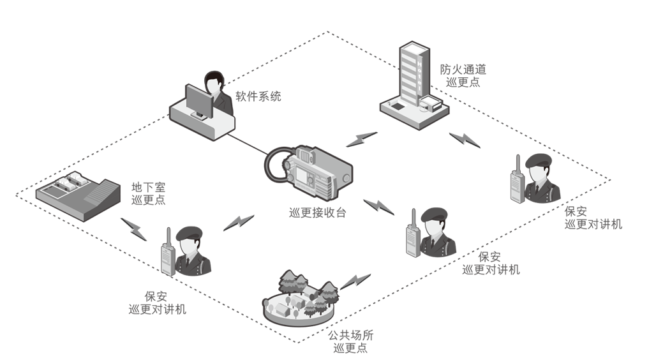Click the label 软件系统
258,97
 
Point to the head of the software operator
214,83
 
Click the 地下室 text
148,186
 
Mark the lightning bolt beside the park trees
355,281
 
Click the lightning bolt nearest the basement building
134,227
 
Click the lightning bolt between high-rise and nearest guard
464,140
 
